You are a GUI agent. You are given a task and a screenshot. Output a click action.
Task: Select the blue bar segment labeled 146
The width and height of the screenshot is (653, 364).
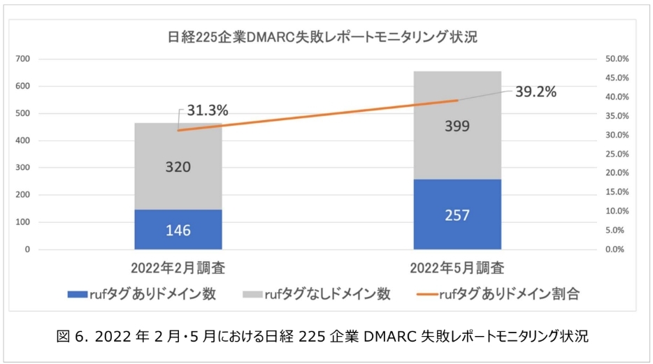pos(178,229)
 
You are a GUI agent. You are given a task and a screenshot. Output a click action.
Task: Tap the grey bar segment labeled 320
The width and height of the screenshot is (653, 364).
pos(178,166)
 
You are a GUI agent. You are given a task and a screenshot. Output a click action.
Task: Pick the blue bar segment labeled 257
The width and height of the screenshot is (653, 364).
pos(457,214)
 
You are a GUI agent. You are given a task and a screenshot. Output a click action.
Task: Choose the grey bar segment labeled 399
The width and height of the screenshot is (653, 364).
pos(457,126)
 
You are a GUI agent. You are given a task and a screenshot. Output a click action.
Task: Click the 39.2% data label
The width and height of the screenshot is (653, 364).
pos(536,92)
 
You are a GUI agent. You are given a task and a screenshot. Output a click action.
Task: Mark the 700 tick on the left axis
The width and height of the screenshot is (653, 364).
pos(22,59)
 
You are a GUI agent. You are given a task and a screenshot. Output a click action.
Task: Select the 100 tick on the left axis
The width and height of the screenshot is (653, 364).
pos(22,222)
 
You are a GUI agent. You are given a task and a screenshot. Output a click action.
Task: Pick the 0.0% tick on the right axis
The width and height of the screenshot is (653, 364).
pos(618,249)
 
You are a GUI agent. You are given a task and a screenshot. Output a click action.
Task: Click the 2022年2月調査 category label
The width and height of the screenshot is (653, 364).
pos(178,268)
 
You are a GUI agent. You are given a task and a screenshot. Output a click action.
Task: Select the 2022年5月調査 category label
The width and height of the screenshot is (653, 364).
pos(457,268)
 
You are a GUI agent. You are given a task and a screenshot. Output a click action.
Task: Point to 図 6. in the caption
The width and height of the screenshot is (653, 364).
pos(74,337)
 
